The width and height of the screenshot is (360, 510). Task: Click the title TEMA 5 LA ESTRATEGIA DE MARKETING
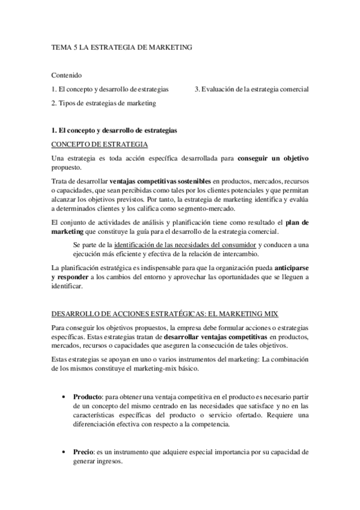coord(121,47)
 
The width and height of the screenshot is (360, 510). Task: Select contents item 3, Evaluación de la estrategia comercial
coord(252,89)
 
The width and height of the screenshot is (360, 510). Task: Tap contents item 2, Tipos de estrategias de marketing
coord(103,103)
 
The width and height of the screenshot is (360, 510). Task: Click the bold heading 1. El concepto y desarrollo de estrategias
coord(114,130)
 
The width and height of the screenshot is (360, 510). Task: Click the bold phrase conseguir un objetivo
coord(273,158)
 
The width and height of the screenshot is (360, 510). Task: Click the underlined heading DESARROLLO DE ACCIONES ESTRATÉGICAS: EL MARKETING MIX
coord(165,314)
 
